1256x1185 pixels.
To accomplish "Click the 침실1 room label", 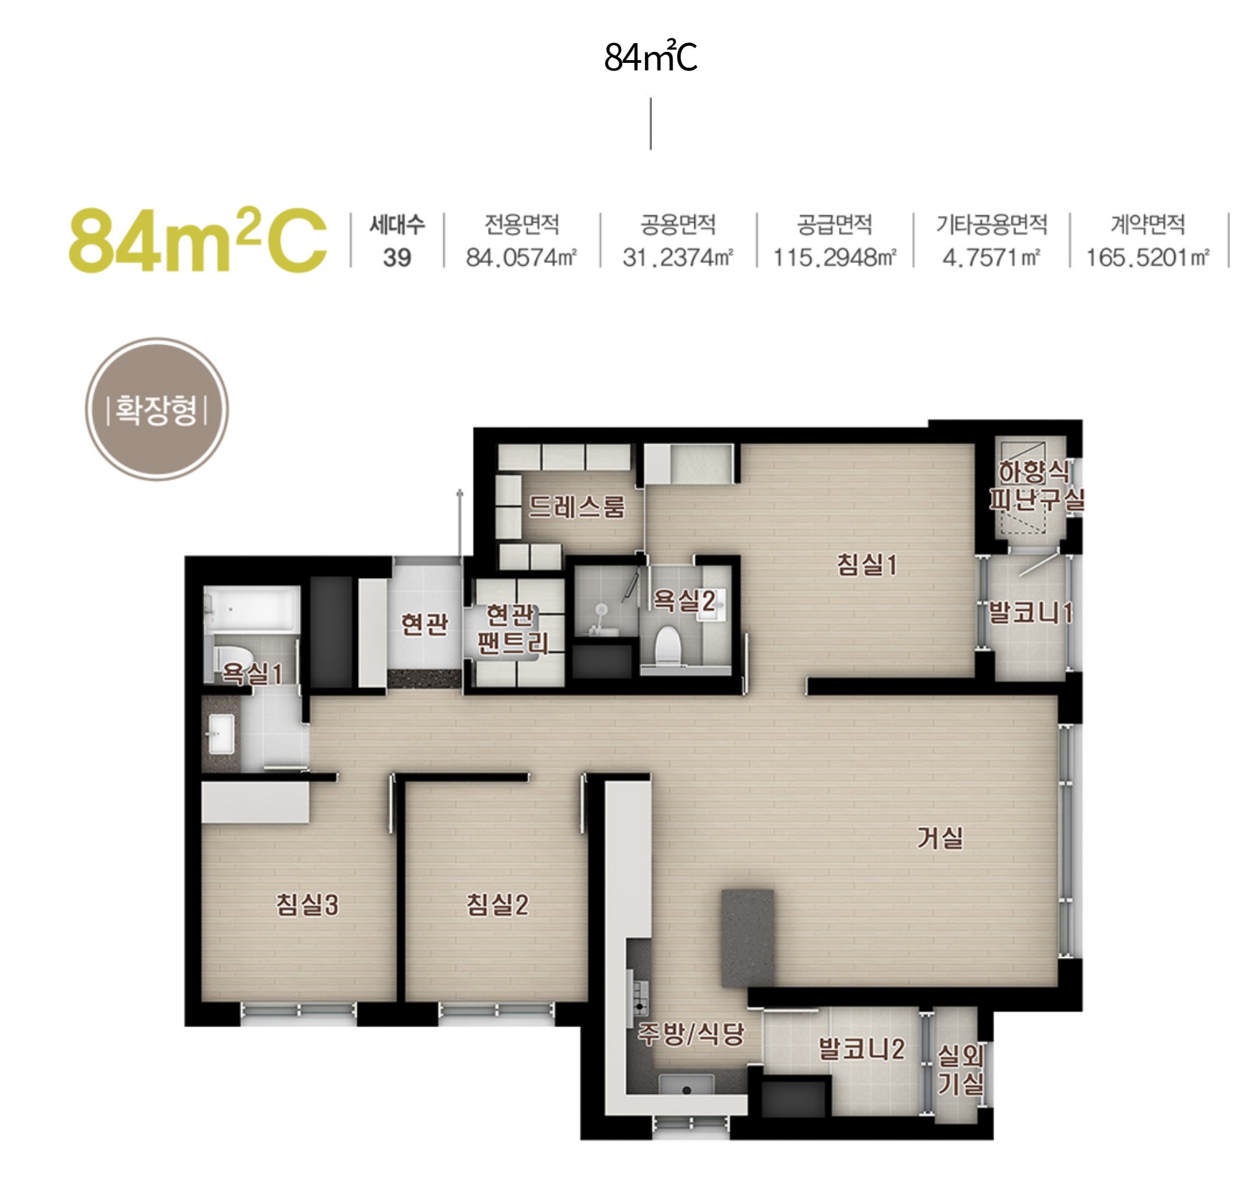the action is (x=866, y=564).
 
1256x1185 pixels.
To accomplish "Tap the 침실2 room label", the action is (x=497, y=905).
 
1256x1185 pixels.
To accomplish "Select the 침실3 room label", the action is (x=307, y=905).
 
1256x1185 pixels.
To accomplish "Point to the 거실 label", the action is (x=940, y=837).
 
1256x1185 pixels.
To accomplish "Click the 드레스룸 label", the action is (x=577, y=506).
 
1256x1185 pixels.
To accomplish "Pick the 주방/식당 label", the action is (x=691, y=1033).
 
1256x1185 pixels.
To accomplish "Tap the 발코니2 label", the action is (x=862, y=1048).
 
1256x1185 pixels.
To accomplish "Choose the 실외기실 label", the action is (x=960, y=1070).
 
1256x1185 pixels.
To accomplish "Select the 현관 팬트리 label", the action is (x=513, y=629).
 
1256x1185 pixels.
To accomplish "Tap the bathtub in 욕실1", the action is (x=251, y=610).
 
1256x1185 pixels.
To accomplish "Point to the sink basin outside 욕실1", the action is (x=221, y=733).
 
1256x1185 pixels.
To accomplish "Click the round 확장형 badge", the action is (x=157, y=409).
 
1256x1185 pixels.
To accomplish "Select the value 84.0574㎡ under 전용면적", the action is (x=521, y=258).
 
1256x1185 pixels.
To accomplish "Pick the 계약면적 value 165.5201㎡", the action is (x=1147, y=258).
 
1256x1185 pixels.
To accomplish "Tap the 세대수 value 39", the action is (x=397, y=258).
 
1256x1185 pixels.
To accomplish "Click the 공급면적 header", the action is (x=834, y=224).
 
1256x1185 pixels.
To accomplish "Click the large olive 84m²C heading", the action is (x=197, y=240).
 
